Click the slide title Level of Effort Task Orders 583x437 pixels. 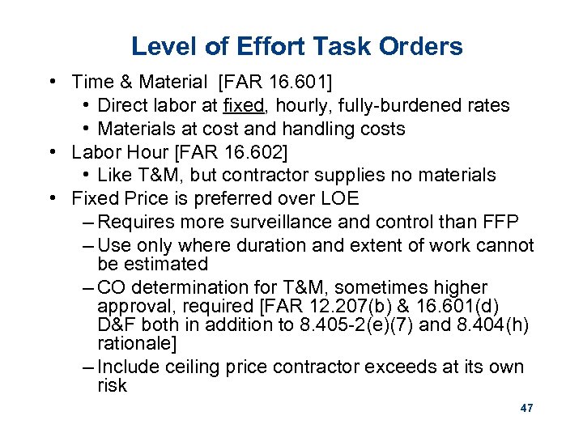(296, 46)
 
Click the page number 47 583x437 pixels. (526, 409)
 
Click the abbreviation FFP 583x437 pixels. (500, 223)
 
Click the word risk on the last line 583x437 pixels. (112, 385)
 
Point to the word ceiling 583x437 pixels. (194, 367)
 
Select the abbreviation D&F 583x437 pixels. (117, 325)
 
